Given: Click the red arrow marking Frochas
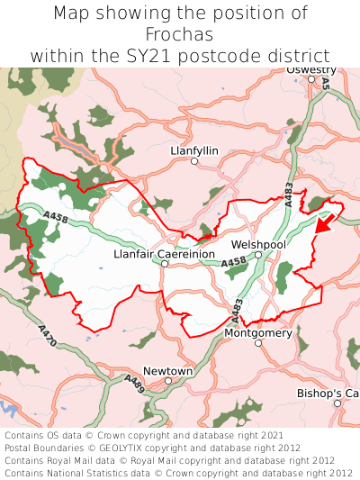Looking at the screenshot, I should point(326,222).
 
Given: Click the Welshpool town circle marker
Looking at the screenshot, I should point(258,255).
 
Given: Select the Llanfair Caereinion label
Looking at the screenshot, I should point(165,255).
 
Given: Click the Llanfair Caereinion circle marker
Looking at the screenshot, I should point(165,265).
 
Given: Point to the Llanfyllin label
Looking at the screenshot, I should point(193,150).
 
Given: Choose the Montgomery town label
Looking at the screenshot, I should point(258,333).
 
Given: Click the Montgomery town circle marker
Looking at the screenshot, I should point(258,343).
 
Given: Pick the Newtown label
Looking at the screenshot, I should point(168,371).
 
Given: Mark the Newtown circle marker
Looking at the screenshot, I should point(168,381).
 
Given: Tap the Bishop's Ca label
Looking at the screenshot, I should point(328,394).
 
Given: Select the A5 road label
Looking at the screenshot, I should point(326,82).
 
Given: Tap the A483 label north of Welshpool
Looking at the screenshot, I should point(289,195).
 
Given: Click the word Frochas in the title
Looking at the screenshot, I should point(180,34).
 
